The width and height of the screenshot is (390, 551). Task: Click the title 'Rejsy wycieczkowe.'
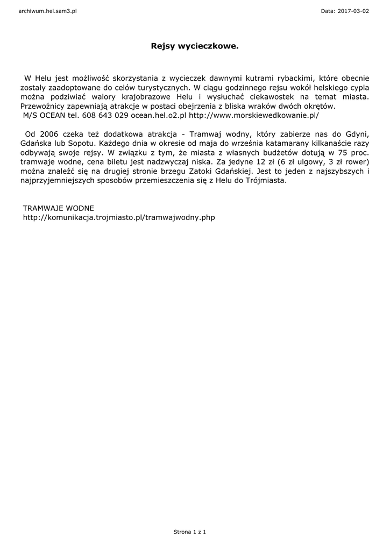(x=195, y=47)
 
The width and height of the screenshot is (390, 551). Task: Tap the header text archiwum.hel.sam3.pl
(x=47, y=11)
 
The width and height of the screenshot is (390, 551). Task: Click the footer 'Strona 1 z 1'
(x=190, y=532)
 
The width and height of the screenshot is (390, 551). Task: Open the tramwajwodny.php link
(x=119, y=217)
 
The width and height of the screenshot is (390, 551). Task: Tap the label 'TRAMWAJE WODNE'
(x=58, y=208)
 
